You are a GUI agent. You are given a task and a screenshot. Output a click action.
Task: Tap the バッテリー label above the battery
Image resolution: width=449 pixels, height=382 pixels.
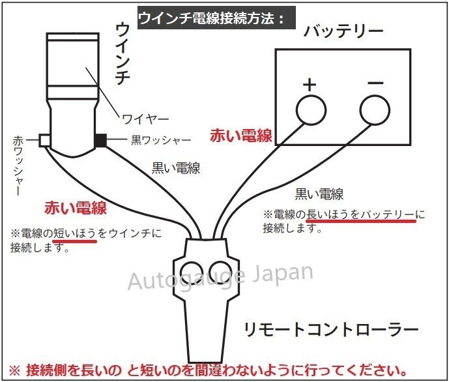pyautogui.click(x=343, y=31)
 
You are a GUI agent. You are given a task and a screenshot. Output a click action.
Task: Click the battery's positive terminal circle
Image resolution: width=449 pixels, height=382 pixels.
pyautogui.click(x=311, y=110)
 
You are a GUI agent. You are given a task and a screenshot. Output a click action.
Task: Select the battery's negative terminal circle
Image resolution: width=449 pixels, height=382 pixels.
pyautogui.click(x=375, y=110)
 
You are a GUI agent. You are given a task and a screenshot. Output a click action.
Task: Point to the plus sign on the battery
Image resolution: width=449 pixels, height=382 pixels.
pyautogui.click(x=310, y=84)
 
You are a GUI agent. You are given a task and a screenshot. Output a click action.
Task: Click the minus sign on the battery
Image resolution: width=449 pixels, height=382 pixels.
pyautogui.click(x=376, y=83)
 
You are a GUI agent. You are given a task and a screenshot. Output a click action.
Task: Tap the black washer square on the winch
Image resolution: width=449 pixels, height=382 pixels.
pyautogui.click(x=100, y=140)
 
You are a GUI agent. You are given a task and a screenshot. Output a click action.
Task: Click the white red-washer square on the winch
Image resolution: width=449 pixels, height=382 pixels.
pyautogui.click(x=45, y=140)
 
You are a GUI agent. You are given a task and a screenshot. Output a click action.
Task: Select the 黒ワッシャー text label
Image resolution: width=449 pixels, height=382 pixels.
pyautogui.click(x=161, y=140)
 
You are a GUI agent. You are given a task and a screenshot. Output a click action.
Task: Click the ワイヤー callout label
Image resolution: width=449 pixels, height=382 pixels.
pyautogui.click(x=145, y=119)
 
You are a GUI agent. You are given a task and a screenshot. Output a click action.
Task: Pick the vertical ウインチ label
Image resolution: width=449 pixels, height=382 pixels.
pyautogui.click(x=123, y=54)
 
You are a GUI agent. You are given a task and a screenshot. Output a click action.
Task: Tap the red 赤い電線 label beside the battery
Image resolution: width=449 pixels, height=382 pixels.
pyautogui.click(x=241, y=135)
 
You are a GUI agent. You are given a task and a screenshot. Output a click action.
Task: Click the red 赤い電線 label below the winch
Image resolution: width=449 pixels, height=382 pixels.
pyautogui.click(x=76, y=208)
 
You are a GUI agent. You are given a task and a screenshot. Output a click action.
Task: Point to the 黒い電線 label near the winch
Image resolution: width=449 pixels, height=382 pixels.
pyautogui.click(x=176, y=168)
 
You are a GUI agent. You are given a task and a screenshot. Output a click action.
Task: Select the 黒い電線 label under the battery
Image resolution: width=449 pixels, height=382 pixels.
pyautogui.click(x=319, y=194)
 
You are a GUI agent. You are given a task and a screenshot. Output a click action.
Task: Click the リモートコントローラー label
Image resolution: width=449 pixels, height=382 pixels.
pyautogui.click(x=331, y=329)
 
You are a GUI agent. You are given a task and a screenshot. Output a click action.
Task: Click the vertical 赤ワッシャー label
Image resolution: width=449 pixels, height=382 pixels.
pyautogui.click(x=18, y=166)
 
